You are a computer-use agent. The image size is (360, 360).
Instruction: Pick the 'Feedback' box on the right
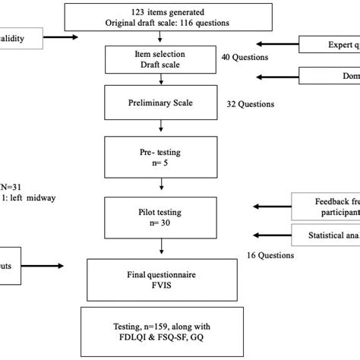tap(327, 207)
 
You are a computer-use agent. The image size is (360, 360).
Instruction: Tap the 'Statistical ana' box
tap(327, 235)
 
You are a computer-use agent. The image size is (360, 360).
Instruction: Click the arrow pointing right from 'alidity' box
tap(59, 36)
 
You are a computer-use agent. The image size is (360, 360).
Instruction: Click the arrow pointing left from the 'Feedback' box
tap(269, 206)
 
